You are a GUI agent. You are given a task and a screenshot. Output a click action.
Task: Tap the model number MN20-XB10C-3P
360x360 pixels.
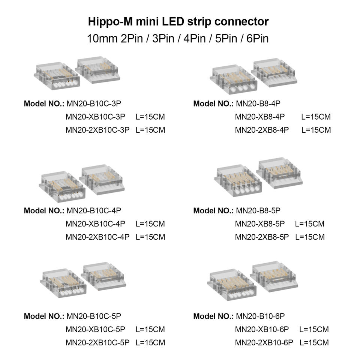coord(95,117)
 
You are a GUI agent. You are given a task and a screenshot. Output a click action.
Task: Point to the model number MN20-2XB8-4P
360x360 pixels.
coord(262,130)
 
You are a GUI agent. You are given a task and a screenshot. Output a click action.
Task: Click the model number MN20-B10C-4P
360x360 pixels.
coord(94,210)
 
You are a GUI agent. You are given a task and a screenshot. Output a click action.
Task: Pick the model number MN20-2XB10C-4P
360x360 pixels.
coord(97,237)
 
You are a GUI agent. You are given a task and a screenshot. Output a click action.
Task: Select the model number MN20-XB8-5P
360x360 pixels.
coord(259,224)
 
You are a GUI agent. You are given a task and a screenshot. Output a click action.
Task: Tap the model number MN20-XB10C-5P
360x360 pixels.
coord(95,329)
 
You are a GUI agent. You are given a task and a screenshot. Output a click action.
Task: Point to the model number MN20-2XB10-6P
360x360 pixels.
coord(264,342)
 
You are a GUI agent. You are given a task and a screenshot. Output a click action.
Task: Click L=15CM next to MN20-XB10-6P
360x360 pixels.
coord(314,329)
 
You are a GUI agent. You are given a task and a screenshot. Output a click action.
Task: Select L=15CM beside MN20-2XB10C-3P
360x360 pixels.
coord(150,130)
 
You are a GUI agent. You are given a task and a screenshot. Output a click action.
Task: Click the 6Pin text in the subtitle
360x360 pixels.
coord(257,38)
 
